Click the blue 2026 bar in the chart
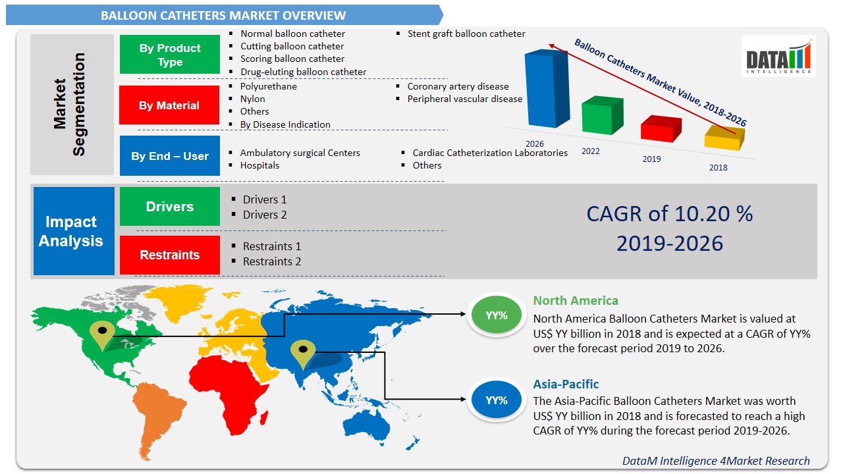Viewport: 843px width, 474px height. click(x=545, y=89)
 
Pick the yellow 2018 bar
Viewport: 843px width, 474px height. click(x=723, y=138)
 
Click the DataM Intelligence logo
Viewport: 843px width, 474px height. click(x=778, y=56)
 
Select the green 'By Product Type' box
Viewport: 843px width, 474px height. click(x=170, y=55)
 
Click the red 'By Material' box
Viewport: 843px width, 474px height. click(x=169, y=105)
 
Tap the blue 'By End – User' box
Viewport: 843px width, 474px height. click(x=169, y=156)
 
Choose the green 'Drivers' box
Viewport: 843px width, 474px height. click(x=169, y=207)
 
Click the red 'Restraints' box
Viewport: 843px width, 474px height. click(x=169, y=255)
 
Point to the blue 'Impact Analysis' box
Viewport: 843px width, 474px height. click(x=70, y=231)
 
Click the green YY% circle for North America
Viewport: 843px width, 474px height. click(x=497, y=315)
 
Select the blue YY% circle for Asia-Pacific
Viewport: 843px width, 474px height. click(x=497, y=400)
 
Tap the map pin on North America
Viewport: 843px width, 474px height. click(x=102, y=335)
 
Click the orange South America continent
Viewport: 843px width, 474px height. click(x=155, y=411)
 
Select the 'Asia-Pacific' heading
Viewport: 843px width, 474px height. click(x=566, y=384)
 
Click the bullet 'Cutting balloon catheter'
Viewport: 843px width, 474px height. click(x=292, y=46)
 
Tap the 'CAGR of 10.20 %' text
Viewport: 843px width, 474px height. click(x=669, y=214)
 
